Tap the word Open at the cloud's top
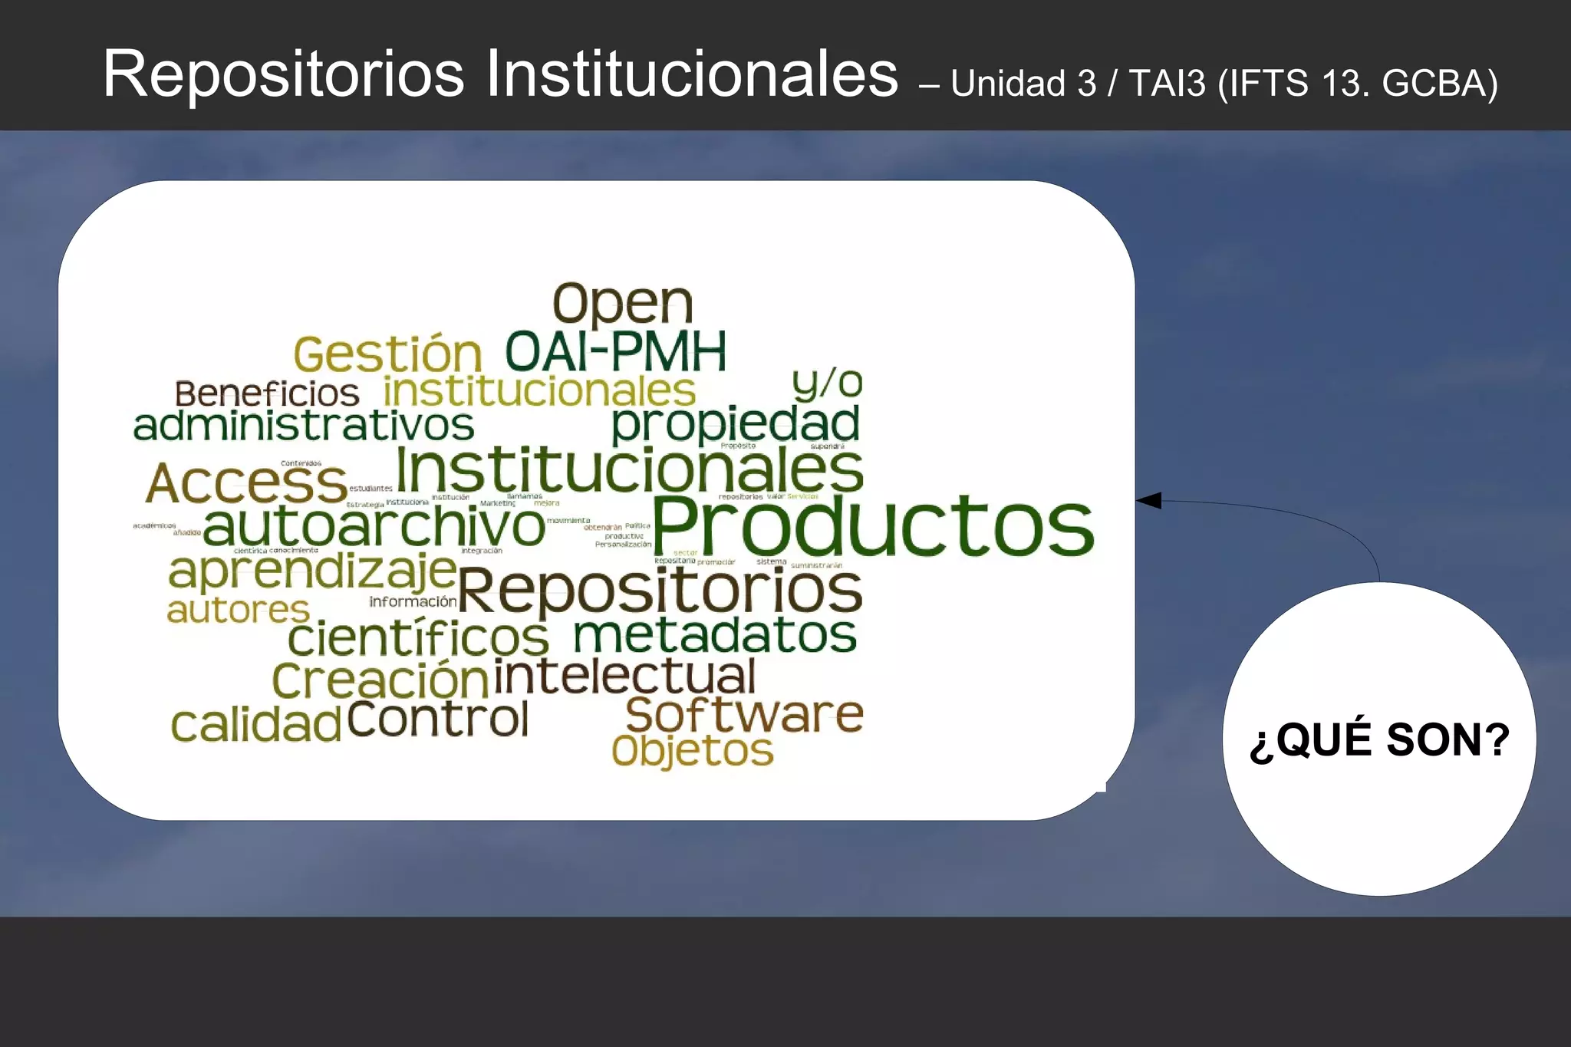[x=623, y=304]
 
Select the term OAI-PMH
[x=615, y=352]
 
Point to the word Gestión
[x=387, y=354]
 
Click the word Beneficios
[x=266, y=394]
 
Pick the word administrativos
[x=304, y=426]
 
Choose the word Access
[x=246, y=483]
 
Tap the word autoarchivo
[x=374, y=526]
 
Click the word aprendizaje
[x=312, y=571]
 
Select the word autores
[x=238, y=611]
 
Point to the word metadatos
[x=715, y=635]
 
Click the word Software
[x=744, y=714]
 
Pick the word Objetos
[x=692, y=751]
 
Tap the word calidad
[x=255, y=725]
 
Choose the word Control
[x=438, y=719]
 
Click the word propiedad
[x=735, y=424]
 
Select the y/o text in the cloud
[x=827, y=383]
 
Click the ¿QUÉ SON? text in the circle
[x=1379, y=739]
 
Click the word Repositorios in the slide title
[x=284, y=74]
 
